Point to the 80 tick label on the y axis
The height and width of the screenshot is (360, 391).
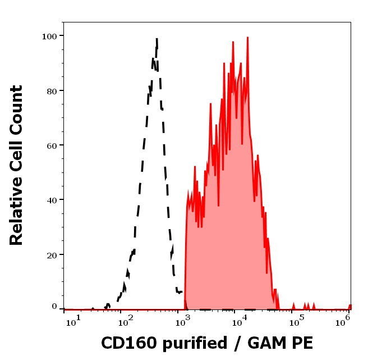pos(51,90)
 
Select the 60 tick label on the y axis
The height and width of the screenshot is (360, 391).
pos(51,145)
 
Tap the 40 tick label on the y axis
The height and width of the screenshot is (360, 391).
pos(51,199)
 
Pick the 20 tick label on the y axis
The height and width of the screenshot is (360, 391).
pos(51,254)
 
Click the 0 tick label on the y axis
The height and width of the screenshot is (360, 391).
pos(54,307)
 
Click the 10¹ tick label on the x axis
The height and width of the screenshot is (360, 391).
pos(73,320)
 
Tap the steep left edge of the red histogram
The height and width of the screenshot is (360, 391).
pos(186,247)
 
